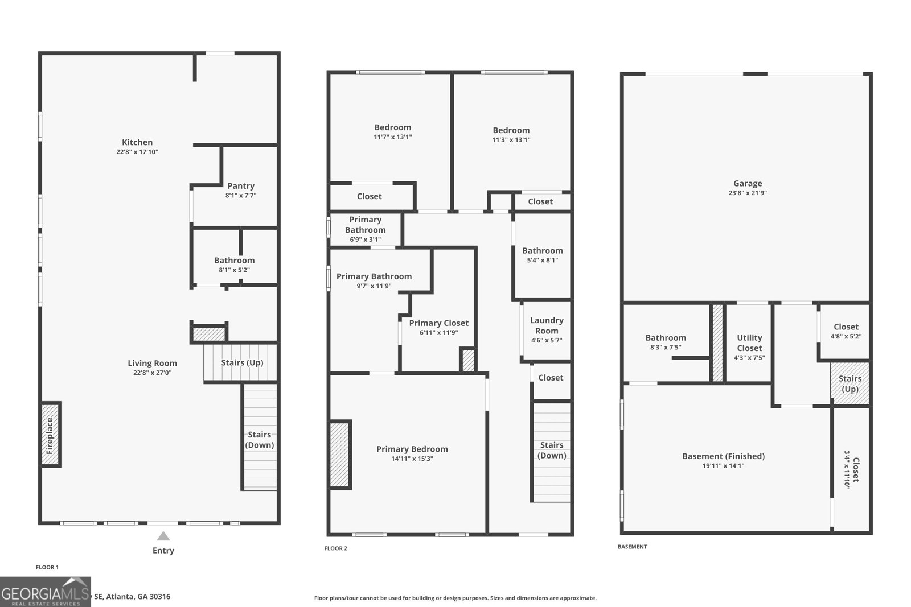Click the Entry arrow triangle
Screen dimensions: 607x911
(163, 536)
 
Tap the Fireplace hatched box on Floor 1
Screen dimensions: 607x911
(50, 435)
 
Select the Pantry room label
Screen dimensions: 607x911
(241, 186)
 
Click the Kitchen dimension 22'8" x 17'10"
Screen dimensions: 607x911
(137, 152)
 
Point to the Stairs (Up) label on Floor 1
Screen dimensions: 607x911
(242, 362)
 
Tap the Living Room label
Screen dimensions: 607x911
(152, 363)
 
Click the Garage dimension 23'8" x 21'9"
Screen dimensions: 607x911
(747, 193)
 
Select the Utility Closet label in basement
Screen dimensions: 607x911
(749, 342)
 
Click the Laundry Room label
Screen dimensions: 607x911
(547, 325)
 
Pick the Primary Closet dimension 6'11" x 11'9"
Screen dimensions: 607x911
(438, 333)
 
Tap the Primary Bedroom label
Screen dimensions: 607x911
(412, 449)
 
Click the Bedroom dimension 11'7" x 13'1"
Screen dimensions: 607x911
(393, 137)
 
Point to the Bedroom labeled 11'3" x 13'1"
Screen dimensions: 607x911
(511, 130)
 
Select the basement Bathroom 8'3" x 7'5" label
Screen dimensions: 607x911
(666, 338)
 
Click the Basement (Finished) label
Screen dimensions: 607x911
(723, 456)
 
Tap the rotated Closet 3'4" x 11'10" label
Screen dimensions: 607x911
(851, 469)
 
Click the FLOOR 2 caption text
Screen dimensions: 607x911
(335, 548)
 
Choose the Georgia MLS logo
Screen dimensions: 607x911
(45, 592)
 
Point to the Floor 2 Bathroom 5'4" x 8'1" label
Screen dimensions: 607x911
(542, 250)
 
